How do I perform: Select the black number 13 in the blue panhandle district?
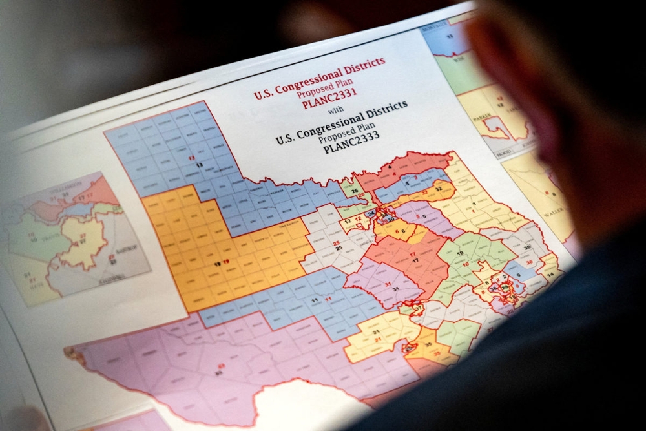199,165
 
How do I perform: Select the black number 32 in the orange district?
438,188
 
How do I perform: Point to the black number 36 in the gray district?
526,247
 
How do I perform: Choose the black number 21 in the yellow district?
376,332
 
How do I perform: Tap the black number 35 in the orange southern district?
428,344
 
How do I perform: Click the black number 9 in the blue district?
518,276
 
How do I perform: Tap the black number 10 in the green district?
466,264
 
